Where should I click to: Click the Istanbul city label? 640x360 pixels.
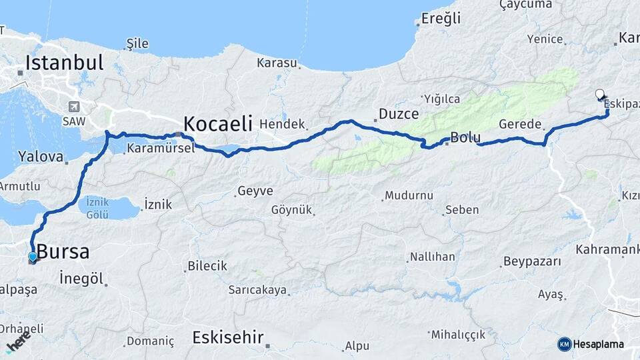coord(65,63)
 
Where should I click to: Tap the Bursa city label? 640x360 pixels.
coord(63,252)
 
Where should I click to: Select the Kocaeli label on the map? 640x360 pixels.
coord(218,123)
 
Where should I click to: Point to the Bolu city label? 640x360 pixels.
coord(465,139)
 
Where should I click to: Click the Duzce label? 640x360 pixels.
coord(398,114)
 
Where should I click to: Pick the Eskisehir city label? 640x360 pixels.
coord(227,337)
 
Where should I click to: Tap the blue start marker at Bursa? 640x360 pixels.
coord(33,257)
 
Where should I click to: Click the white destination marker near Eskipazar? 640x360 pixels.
coord(599,95)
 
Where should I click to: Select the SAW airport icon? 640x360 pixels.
coord(73,107)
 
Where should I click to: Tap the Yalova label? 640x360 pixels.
coord(45,158)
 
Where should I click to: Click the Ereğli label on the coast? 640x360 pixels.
coord(441,19)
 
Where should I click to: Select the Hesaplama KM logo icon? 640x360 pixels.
coord(564,344)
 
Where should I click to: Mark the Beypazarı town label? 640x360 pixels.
coord(533,261)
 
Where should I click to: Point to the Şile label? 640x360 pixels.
coord(137,44)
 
